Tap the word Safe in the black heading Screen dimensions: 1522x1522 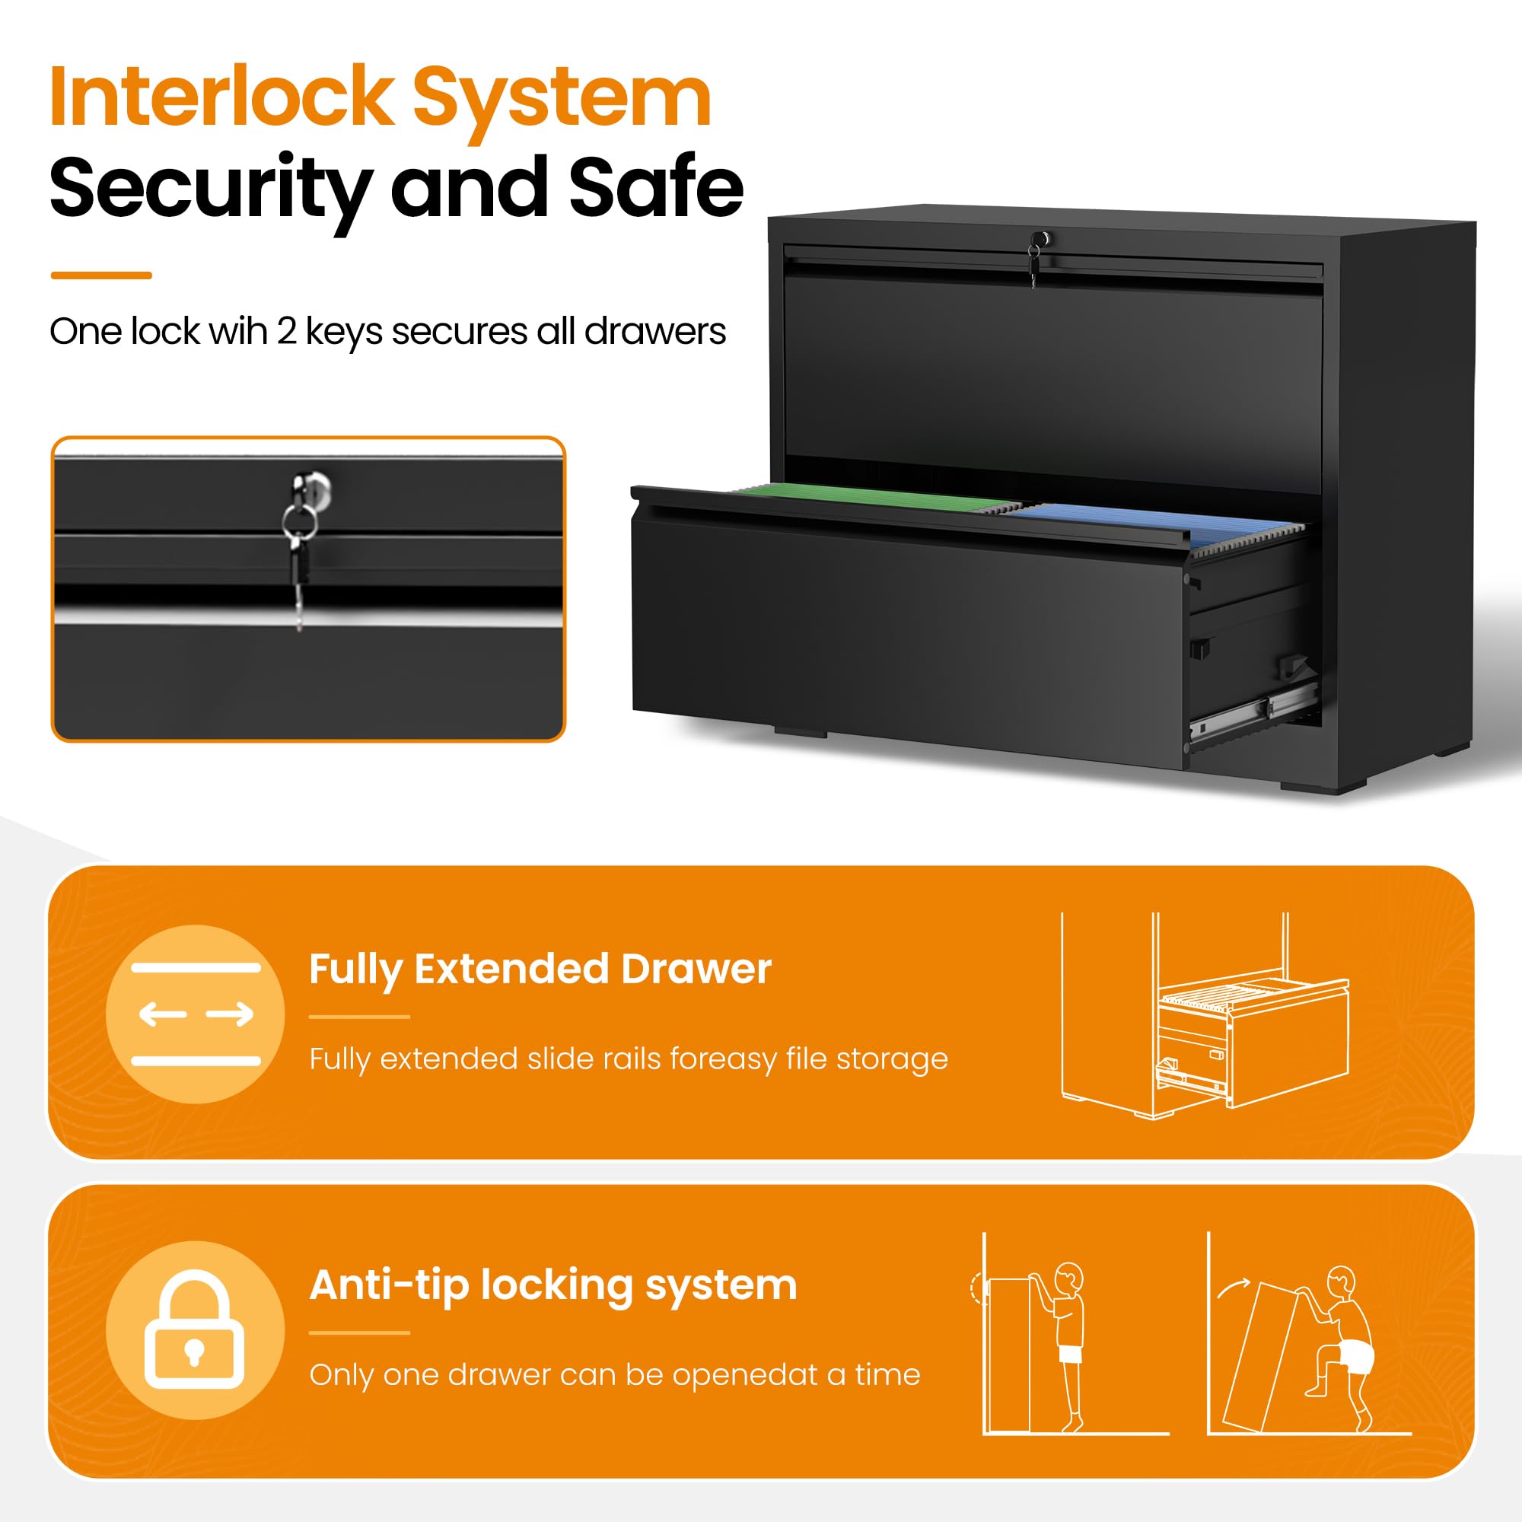656,187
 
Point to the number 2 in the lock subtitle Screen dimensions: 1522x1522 286,332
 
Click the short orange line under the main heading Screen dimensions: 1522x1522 101,275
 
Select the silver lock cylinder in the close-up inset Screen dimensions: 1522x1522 312,486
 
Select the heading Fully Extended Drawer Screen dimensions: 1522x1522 540,969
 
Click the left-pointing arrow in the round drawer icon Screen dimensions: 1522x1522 163,1014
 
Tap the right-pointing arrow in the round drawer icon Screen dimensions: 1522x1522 230,1014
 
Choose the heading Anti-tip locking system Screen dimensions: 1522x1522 553,1285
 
